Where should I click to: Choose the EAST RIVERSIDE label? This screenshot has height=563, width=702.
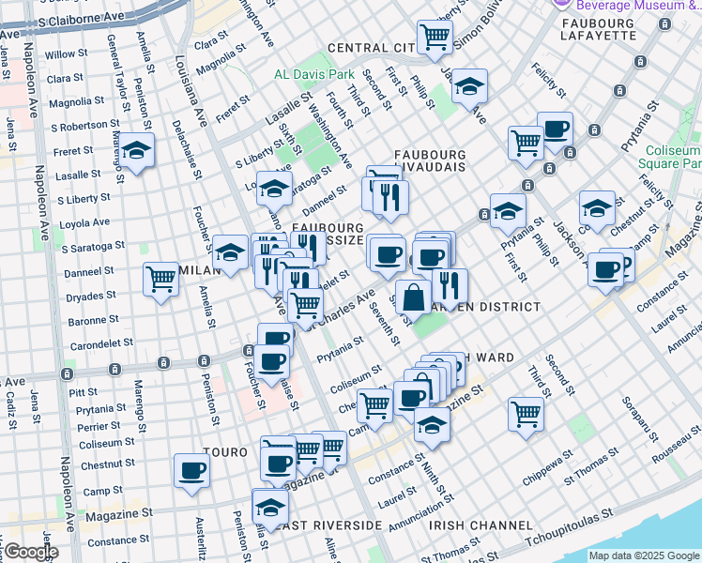[x=325, y=525]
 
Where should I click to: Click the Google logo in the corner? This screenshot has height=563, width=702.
[x=30, y=552]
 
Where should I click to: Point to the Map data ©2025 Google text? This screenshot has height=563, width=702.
[x=644, y=555]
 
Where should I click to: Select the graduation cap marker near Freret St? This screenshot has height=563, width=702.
[x=137, y=151]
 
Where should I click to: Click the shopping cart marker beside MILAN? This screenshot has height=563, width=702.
[x=160, y=279]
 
